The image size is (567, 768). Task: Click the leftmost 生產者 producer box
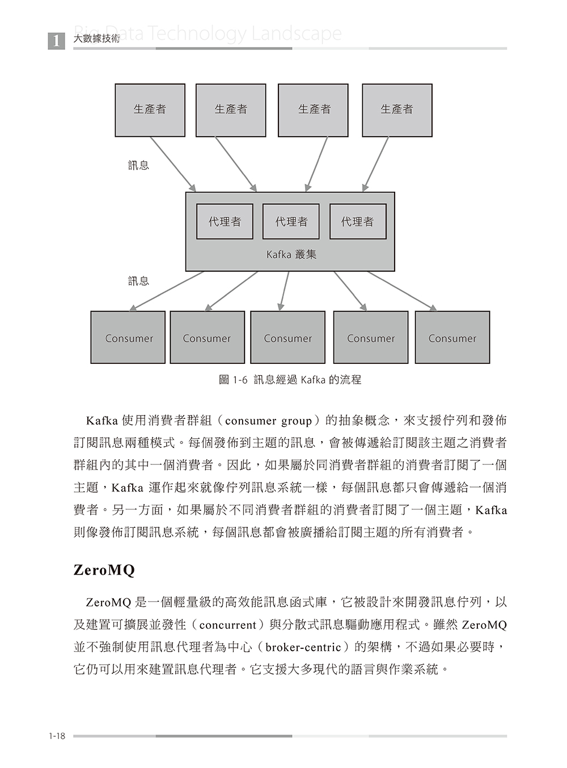(x=150, y=110)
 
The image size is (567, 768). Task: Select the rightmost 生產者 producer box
(x=397, y=110)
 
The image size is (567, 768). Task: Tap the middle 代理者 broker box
(x=291, y=221)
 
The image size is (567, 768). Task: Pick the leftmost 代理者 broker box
(x=225, y=221)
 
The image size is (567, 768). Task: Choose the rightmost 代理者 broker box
(x=358, y=221)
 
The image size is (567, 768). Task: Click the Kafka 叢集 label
(x=291, y=255)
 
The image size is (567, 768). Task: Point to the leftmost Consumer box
(x=128, y=338)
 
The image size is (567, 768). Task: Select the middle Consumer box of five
(x=288, y=338)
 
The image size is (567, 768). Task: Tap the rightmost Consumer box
(x=452, y=338)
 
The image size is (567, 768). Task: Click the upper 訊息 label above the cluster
(x=138, y=165)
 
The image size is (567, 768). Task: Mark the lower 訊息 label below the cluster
(x=138, y=281)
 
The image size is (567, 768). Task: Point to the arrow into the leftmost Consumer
(x=167, y=291)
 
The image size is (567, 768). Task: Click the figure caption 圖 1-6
(x=290, y=380)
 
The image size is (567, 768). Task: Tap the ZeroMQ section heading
(x=104, y=570)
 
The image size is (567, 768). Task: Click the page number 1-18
(x=57, y=736)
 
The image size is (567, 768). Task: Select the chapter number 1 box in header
(x=56, y=41)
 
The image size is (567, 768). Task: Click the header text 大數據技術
(x=97, y=40)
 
